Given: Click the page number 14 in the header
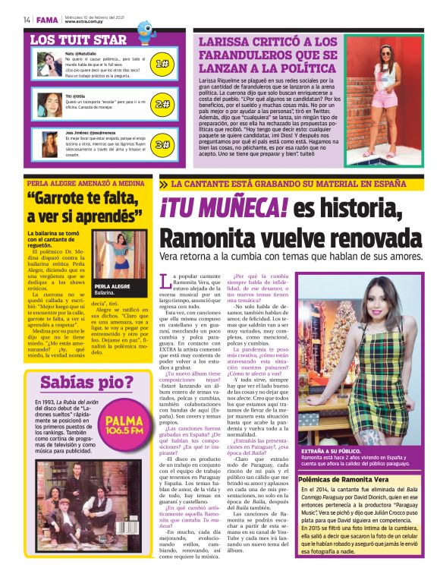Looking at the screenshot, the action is (27, 20).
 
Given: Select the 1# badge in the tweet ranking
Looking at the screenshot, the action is (162, 65).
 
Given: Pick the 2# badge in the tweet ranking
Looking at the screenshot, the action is (162, 104).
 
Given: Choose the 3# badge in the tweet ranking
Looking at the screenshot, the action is (162, 143).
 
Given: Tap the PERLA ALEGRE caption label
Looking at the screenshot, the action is (112, 286).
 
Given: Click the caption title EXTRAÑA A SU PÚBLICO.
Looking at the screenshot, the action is (331, 451).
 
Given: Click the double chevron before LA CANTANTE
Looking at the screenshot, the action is (163, 184).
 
